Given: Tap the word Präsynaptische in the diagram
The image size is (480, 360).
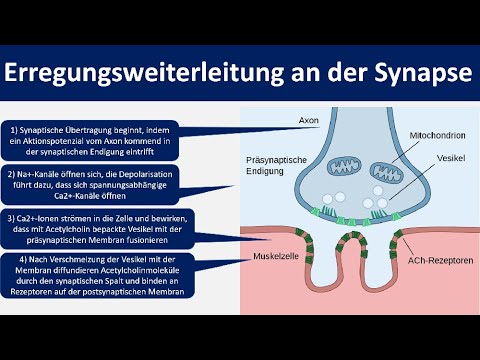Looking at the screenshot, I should pyautogui.click(x=273, y=160).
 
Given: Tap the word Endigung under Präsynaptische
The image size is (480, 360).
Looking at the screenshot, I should pyautogui.click(x=265, y=173).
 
